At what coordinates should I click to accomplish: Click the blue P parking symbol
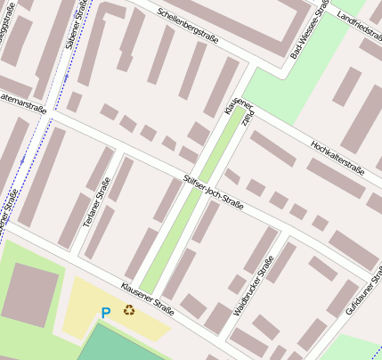[x=106, y=313]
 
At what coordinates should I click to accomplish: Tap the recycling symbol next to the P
[x=130, y=310]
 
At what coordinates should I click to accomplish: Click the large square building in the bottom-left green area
[x=30, y=293]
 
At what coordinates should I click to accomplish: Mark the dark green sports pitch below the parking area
[x=125, y=346]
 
